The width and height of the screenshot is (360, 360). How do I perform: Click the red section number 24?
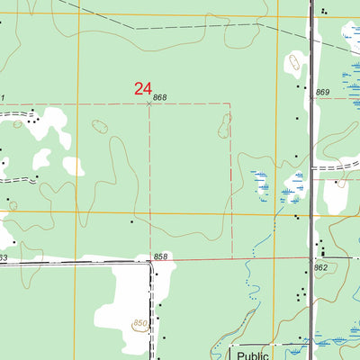[x=142, y=88]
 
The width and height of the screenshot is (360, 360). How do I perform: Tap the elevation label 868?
[x=160, y=97]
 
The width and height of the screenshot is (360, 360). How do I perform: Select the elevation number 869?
[x=323, y=93]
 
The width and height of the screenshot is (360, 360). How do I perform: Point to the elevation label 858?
[x=160, y=256]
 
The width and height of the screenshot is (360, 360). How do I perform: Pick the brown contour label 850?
[x=139, y=323]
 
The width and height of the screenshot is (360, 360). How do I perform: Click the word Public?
[x=253, y=354]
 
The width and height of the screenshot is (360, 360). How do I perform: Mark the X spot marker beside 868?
[x=149, y=103]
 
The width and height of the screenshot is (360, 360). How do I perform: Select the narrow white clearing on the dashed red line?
[x=224, y=126]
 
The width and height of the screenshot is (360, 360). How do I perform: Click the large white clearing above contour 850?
[x=124, y=292]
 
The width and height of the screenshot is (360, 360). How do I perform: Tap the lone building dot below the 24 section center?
[x=131, y=220]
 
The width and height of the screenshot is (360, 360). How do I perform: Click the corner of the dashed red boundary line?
[x=230, y=104]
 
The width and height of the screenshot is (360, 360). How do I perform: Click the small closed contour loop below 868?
[x=101, y=128]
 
